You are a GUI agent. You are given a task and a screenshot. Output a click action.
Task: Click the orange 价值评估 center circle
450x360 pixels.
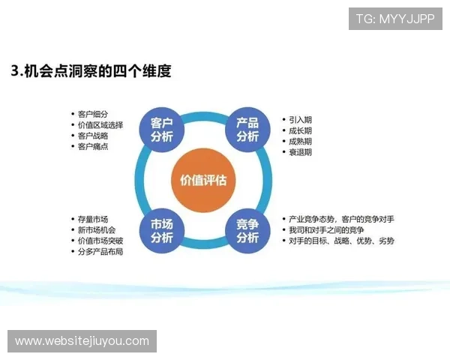click(203, 181)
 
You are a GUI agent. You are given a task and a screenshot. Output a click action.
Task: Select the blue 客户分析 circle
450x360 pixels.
click(161, 130)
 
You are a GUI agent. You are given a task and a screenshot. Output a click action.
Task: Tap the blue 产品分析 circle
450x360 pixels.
click(247, 130)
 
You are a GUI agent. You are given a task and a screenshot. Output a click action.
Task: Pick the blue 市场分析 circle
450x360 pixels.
click(161, 230)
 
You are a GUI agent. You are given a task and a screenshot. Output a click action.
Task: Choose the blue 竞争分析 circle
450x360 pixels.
click(247, 230)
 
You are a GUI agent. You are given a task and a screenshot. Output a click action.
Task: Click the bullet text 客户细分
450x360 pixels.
click(92, 113)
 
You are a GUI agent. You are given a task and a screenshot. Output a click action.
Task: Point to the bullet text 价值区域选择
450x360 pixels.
click(100, 124)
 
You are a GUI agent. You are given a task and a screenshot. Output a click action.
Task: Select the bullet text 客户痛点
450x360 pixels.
click(92, 146)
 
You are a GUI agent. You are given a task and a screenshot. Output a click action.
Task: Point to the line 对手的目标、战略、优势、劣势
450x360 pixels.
click(341, 241)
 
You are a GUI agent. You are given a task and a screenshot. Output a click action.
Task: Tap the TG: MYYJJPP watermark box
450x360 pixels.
click(395, 19)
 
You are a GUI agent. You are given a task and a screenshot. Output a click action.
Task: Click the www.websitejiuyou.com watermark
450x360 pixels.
click(82, 341)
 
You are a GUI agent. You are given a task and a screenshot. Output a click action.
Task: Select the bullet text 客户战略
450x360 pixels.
click(92, 136)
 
